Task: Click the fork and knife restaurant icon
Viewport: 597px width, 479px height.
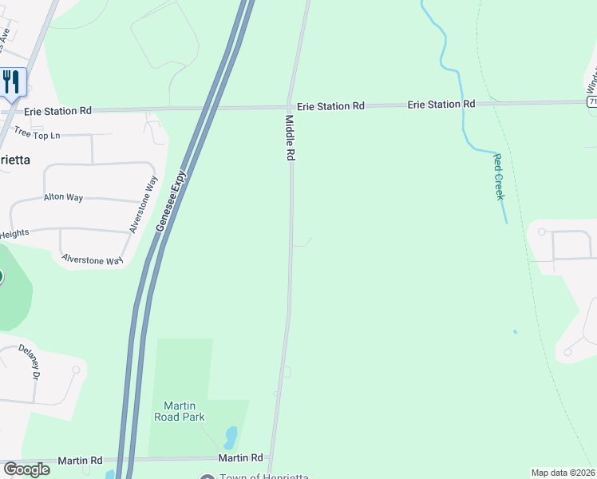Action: [x=11, y=81]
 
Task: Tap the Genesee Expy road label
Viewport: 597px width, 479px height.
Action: [x=172, y=201]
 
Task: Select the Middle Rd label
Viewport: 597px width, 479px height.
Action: [x=291, y=139]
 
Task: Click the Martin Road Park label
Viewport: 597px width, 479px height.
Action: [x=180, y=411]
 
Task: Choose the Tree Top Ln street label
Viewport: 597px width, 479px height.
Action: [x=39, y=136]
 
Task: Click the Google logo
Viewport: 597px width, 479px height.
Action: [x=26, y=469]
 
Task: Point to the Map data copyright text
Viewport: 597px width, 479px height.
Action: [x=563, y=473]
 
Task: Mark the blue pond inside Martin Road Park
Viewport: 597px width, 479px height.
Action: [x=231, y=437]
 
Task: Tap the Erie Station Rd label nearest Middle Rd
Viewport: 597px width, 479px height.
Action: [x=330, y=105]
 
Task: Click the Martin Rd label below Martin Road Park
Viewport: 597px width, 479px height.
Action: [x=241, y=458]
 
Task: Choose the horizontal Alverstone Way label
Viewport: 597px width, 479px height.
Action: [x=92, y=259]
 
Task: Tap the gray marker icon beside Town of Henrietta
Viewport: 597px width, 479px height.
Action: [x=208, y=477]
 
